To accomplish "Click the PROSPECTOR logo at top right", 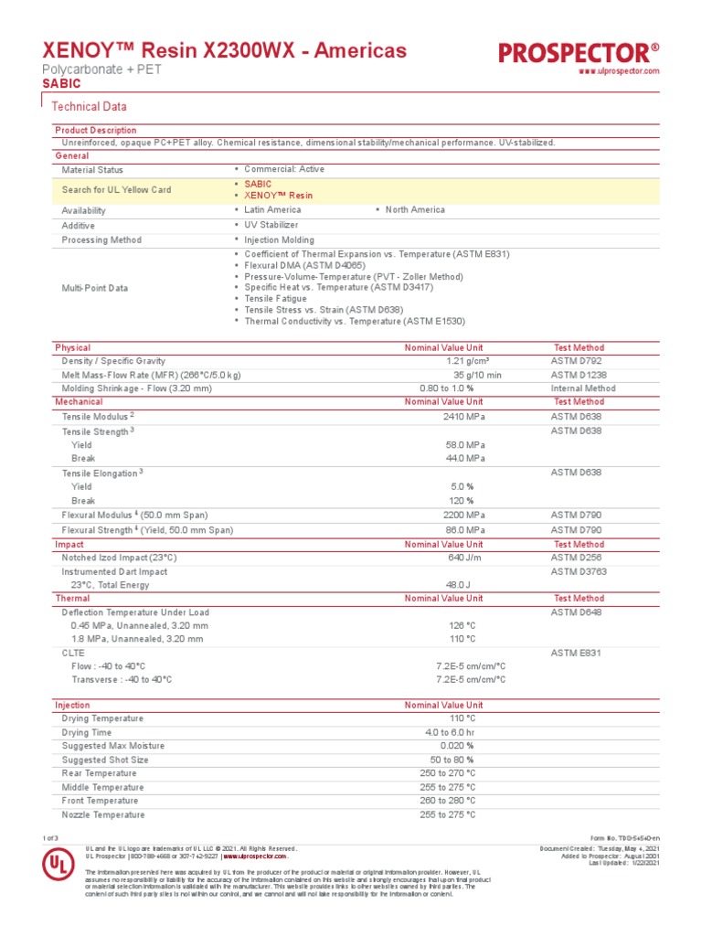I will pos(579,53).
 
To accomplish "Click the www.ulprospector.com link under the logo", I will pos(619,71).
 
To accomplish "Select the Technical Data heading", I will pos(89,106).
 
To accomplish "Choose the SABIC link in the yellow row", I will pos(258,184).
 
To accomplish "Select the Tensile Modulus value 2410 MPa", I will pos(463,415).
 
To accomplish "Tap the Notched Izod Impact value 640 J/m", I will pos(466,558).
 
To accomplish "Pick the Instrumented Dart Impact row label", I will pos(114,571).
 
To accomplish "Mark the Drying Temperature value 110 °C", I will pos(463,719).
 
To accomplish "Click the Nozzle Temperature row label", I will pos(102,814).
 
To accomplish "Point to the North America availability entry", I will pos(415,209).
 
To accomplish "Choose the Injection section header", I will pos(73,706).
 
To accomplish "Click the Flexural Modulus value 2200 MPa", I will pos(463,516).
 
